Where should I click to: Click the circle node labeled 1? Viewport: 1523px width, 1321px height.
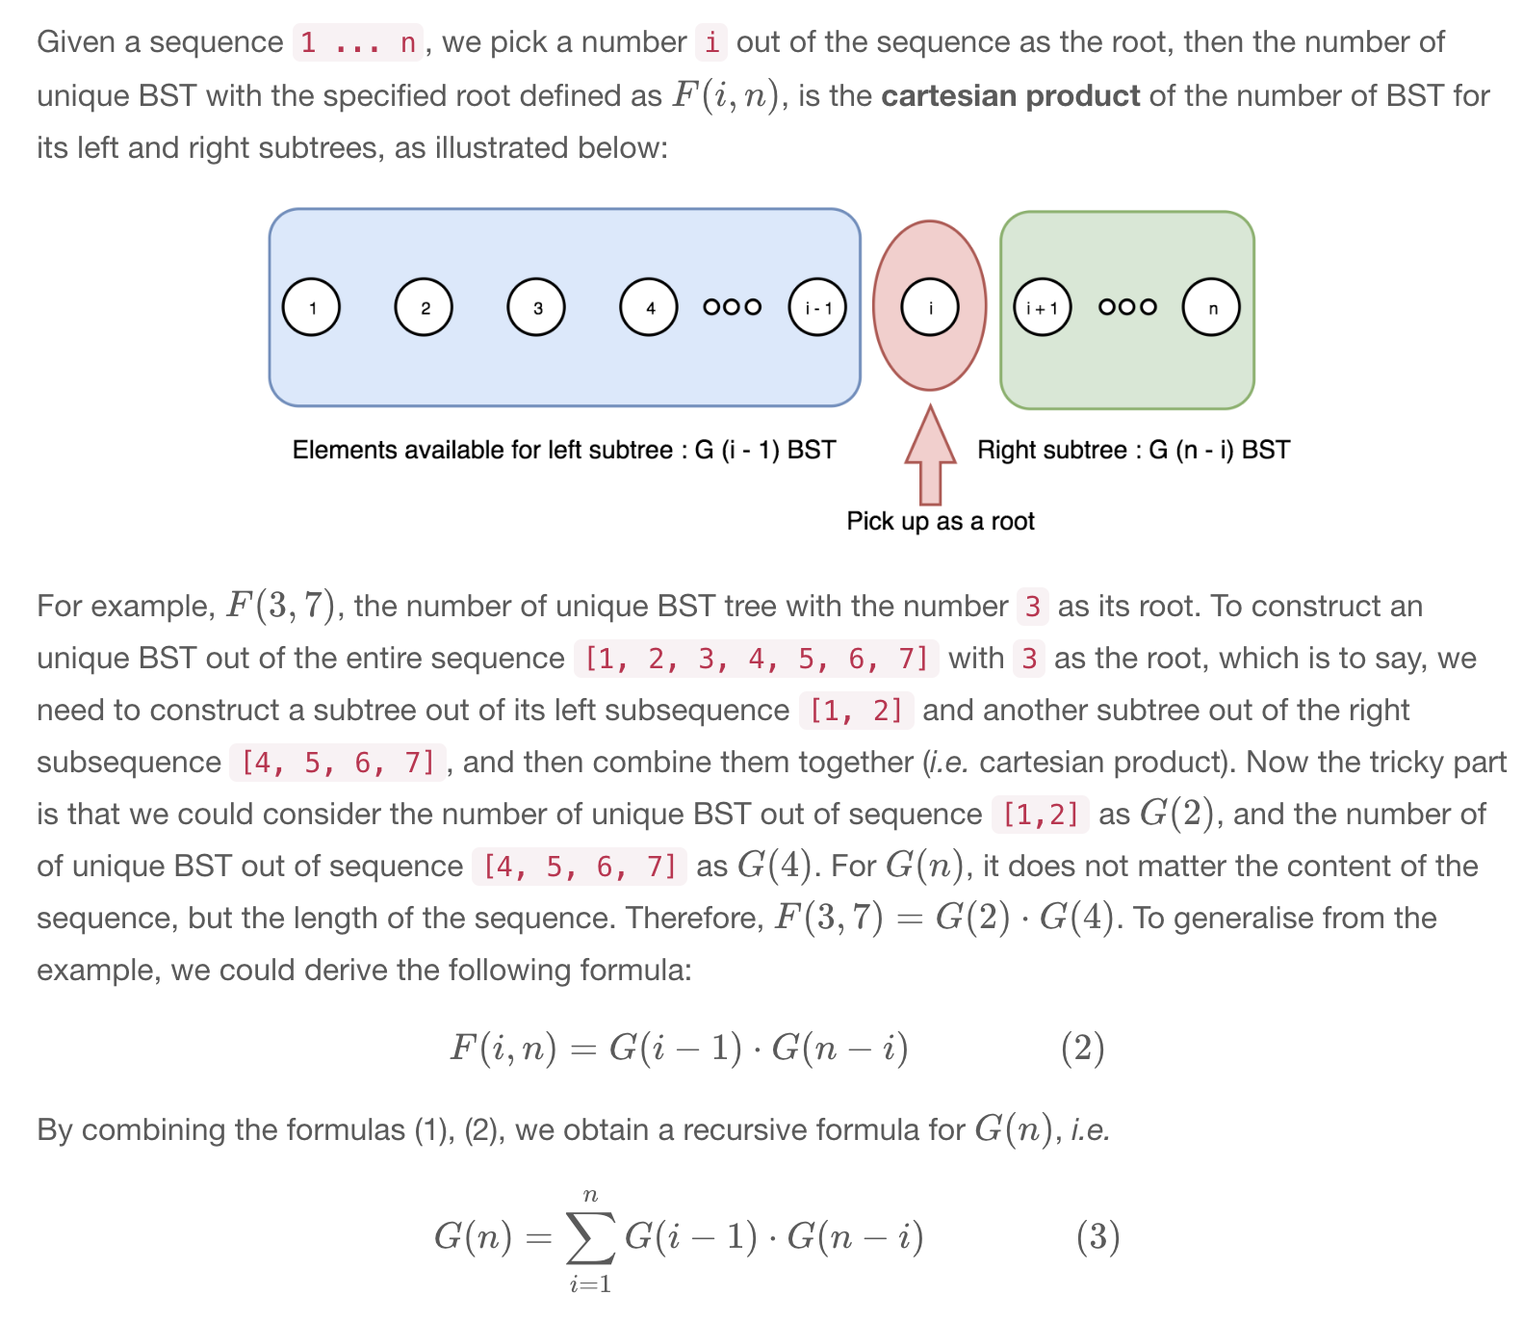tap(311, 307)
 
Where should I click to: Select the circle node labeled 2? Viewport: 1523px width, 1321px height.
tap(424, 307)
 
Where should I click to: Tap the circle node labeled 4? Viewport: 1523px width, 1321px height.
tap(648, 307)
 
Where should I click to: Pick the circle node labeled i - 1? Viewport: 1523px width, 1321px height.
tap(817, 307)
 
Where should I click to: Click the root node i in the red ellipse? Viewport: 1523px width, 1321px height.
tap(929, 307)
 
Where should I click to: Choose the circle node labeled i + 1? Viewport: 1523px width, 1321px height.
tap(1042, 307)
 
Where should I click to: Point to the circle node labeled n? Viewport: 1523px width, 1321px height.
tap(1211, 307)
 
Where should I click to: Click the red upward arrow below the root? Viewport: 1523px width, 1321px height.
tap(930, 457)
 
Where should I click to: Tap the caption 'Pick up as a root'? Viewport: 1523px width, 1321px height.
tap(941, 521)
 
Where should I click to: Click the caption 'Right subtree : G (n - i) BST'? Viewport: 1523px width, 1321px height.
tap(1133, 450)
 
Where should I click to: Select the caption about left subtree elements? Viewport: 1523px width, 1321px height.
tap(564, 450)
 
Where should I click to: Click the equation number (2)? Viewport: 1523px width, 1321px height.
tap(1082, 1048)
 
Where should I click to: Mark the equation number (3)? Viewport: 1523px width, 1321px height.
tap(1097, 1236)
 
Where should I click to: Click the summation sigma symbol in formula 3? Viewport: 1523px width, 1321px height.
tap(590, 1238)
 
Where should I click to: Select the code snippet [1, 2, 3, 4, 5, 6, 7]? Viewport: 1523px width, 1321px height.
tap(757, 659)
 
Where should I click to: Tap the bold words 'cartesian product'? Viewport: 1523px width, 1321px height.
tap(1011, 95)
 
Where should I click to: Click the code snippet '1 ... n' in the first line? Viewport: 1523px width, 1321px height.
tap(358, 42)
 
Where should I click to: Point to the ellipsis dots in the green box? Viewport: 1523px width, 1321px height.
tap(1127, 307)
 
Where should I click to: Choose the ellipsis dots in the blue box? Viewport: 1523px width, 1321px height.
tap(733, 307)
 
